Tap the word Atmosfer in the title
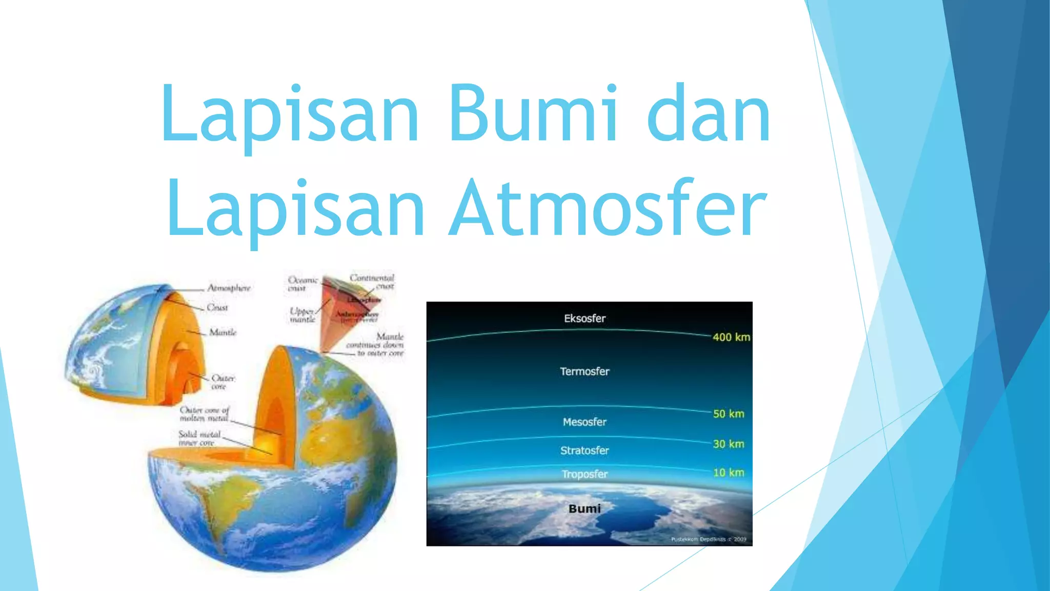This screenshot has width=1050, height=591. click(x=608, y=208)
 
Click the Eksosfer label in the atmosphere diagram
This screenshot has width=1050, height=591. click(x=584, y=319)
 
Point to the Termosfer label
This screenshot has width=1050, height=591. click(x=584, y=371)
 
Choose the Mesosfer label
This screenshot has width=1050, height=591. click(x=584, y=422)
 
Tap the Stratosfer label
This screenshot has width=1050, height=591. click(x=584, y=450)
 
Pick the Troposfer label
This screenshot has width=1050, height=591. click(x=584, y=474)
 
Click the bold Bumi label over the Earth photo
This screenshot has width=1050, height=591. click(x=584, y=508)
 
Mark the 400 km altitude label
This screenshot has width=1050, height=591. click(x=731, y=337)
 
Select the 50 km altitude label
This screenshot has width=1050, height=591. click(x=728, y=414)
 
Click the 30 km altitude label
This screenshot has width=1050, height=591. click(x=728, y=444)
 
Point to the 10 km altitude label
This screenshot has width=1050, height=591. click(x=728, y=472)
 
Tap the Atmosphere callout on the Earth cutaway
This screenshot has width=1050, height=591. click(x=229, y=288)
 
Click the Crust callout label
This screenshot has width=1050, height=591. click(x=217, y=307)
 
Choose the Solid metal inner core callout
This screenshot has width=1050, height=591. click(x=199, y=438)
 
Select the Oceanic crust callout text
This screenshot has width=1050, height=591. click(x=302, y=284)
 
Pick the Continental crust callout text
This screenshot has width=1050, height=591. click(x=372, y=282)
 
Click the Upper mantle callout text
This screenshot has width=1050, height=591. click(x=302, y=315)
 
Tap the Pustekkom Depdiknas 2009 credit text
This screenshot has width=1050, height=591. click(x=709, y=539)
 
